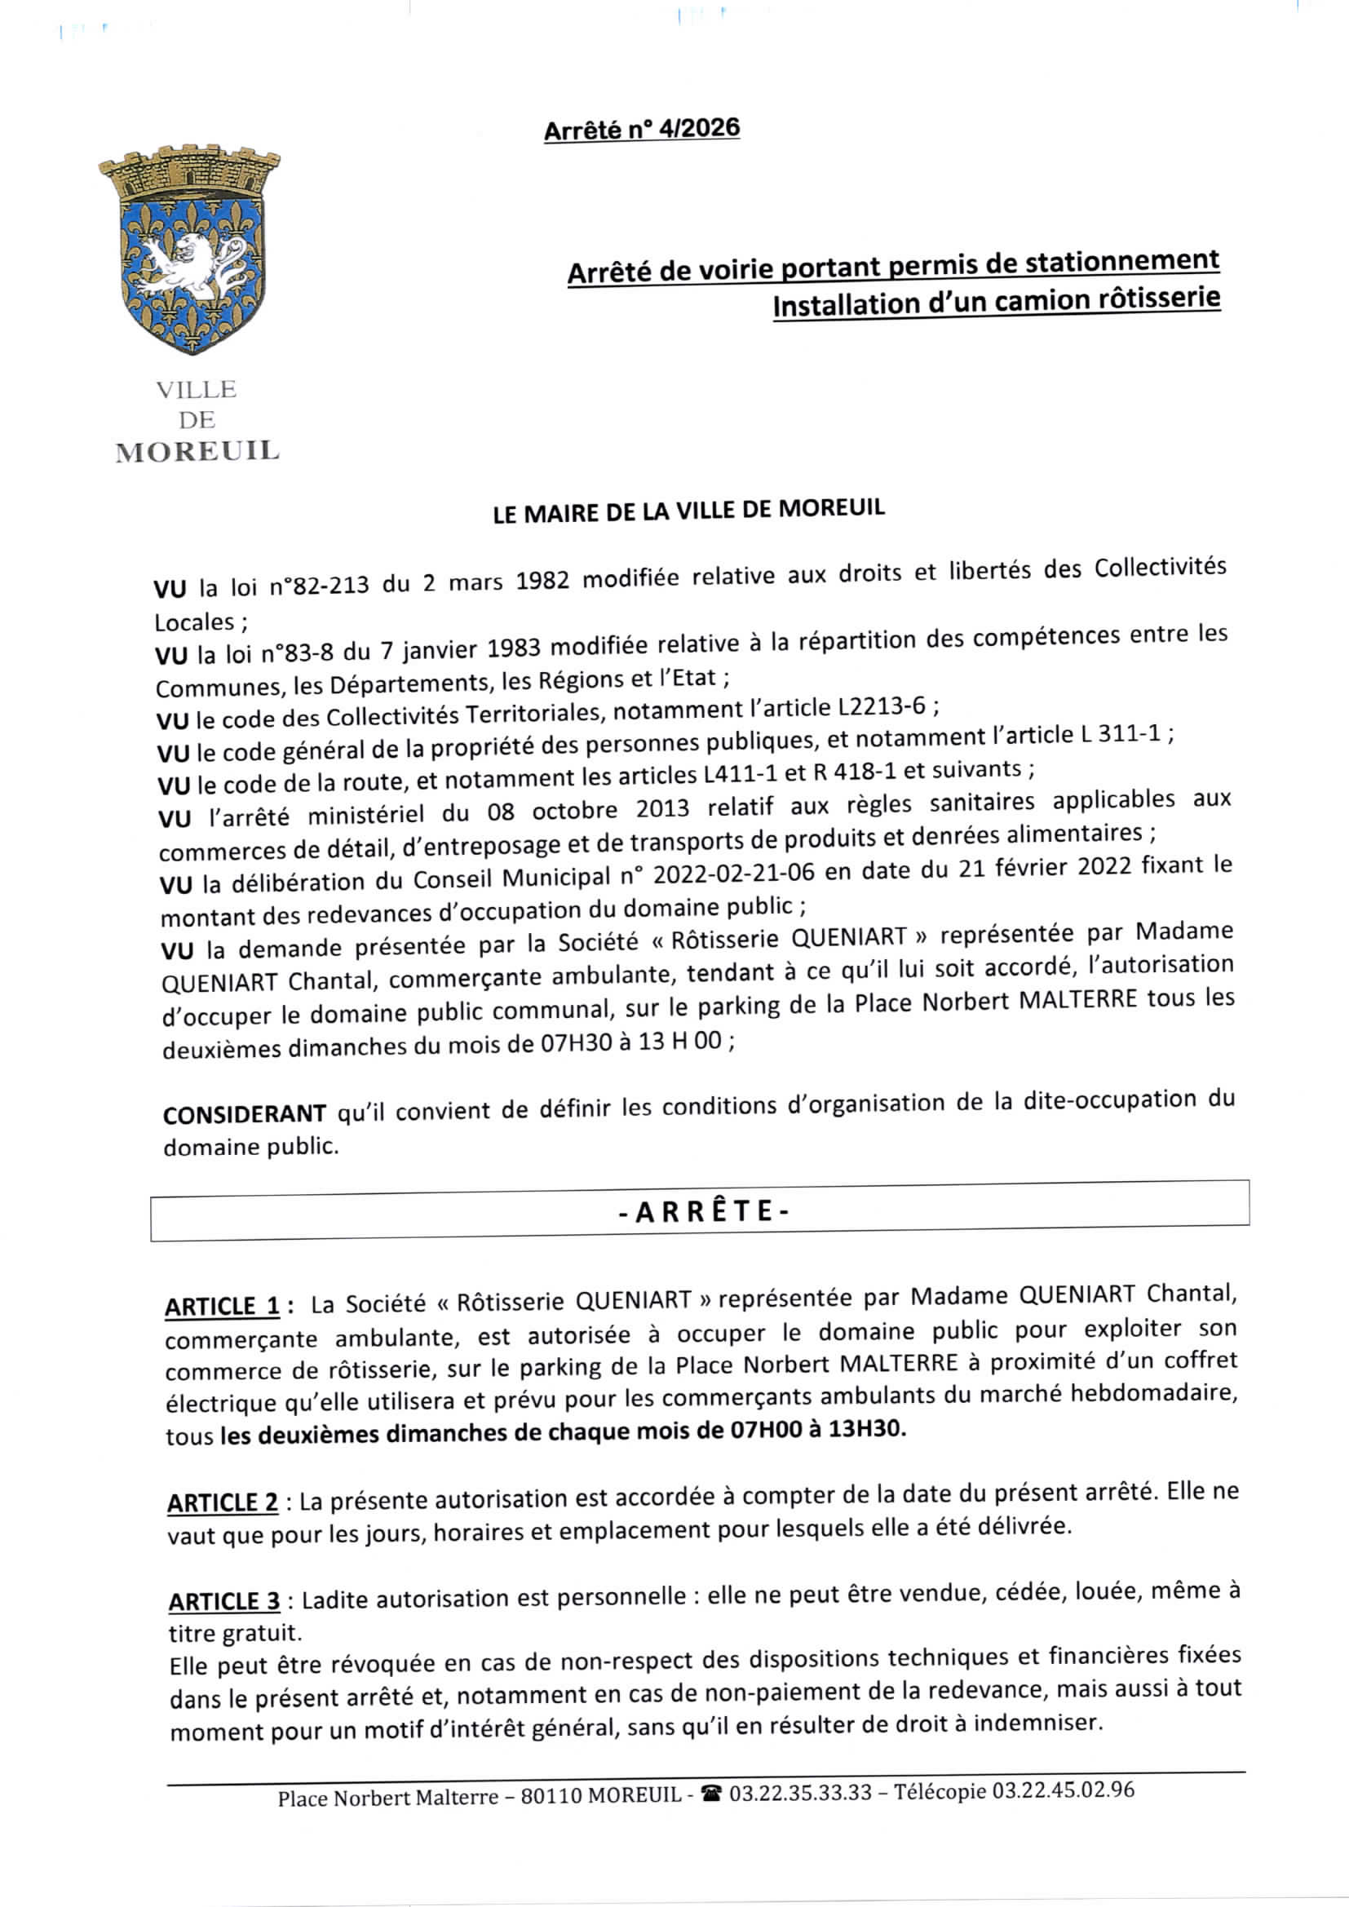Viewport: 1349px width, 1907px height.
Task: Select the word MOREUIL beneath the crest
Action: click(197, 451)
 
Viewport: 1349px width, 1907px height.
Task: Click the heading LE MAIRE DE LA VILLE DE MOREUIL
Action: click(688, 510)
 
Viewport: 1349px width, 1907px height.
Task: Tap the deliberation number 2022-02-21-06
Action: click(733, 874)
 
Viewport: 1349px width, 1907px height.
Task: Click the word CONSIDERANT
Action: click(244, 1114)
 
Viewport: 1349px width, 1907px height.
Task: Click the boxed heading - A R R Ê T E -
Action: click(703, 1212)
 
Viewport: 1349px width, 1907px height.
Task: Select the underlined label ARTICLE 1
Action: click(222, 1307)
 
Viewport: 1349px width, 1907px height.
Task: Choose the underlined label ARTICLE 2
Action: click(223, 1502)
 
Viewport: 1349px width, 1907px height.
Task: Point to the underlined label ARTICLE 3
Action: click(224, 1600)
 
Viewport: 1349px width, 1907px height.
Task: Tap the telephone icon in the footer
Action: click(711, 1795)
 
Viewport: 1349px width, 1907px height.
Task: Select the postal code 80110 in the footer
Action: click(551, 1796)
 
